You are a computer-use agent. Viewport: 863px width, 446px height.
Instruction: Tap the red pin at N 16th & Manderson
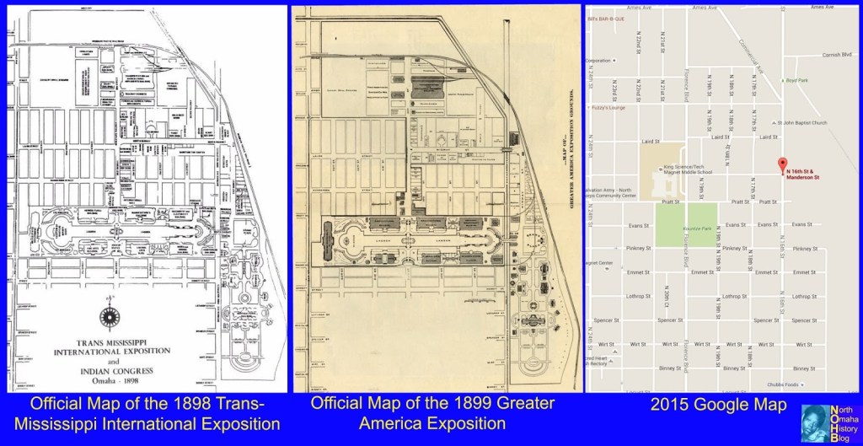(780, 164)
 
